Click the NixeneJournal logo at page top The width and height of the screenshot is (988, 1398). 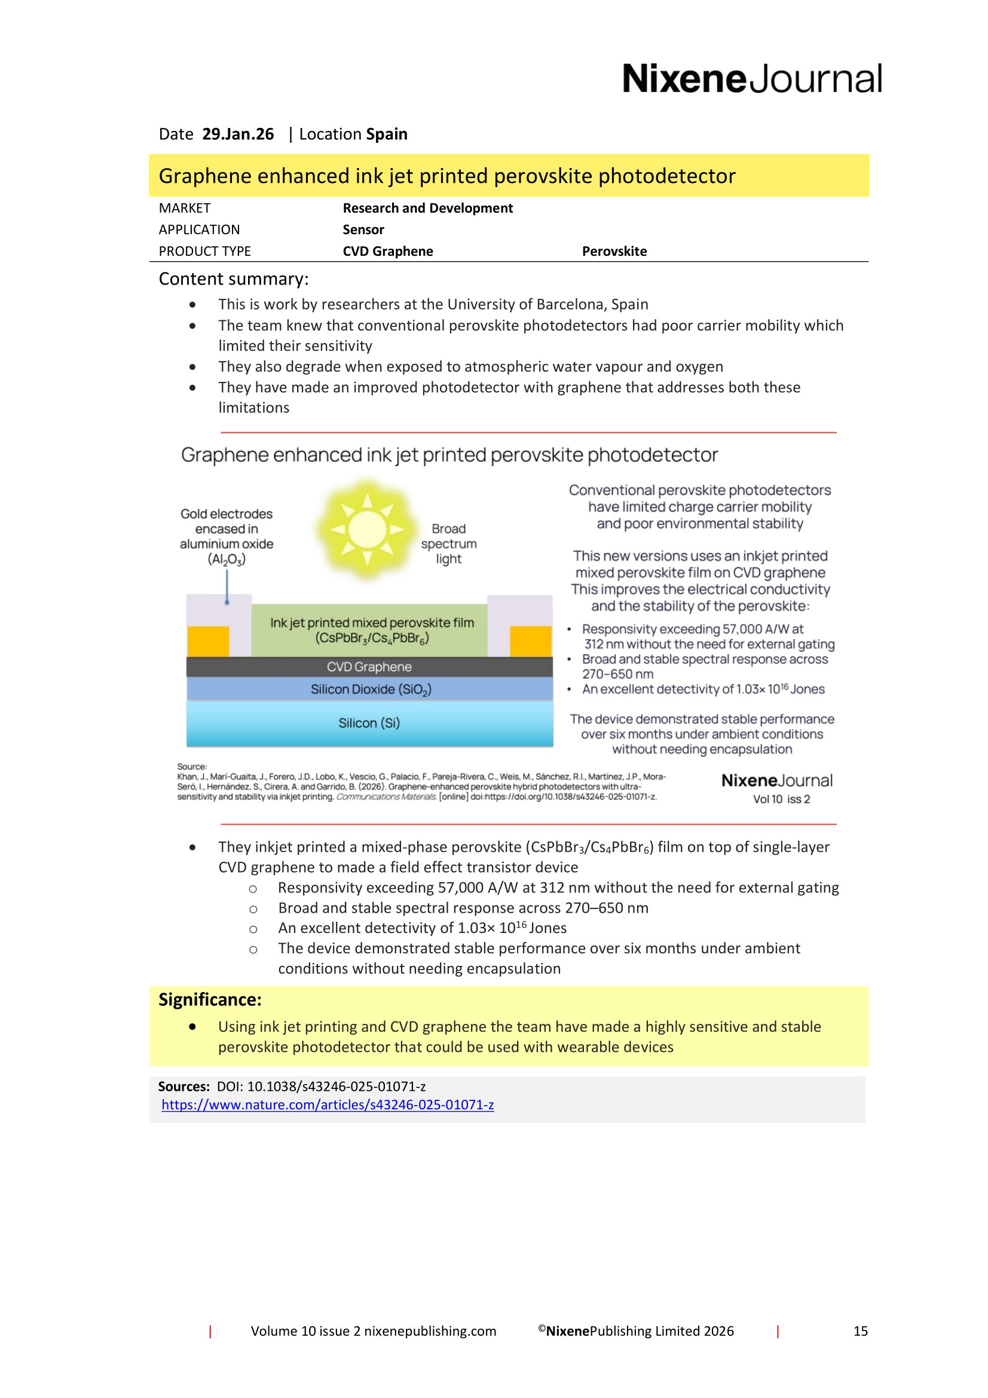tap(751, 79)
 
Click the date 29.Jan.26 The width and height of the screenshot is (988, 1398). tap(237, 134)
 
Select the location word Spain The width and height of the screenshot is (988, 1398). tap(387, 134)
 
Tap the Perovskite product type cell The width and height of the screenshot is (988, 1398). tap(614, 251)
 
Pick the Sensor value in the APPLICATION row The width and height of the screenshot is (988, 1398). tap(363, 230)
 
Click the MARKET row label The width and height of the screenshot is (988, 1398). tap(185, 208)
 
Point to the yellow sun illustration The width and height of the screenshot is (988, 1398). tap(366, 529)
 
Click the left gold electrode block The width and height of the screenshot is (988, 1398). tap(208, 641)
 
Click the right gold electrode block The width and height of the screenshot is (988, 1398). tap(530, 641)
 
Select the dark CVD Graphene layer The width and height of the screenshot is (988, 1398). tap(369, 667)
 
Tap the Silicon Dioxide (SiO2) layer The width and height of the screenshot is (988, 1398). tap(370, 689)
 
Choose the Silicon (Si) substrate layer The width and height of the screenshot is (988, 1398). tap(369, 723)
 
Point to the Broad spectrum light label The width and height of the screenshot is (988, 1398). tap(449, 544)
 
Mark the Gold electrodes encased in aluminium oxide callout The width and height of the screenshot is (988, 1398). tap(227, 536)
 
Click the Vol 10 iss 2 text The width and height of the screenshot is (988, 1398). tap(781, 800)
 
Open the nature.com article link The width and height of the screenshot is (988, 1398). tap(328, 1105)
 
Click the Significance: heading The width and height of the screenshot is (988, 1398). tap(210, 1000)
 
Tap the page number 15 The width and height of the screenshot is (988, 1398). tap(859, 1331)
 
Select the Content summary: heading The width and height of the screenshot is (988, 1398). tap(234, 279)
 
